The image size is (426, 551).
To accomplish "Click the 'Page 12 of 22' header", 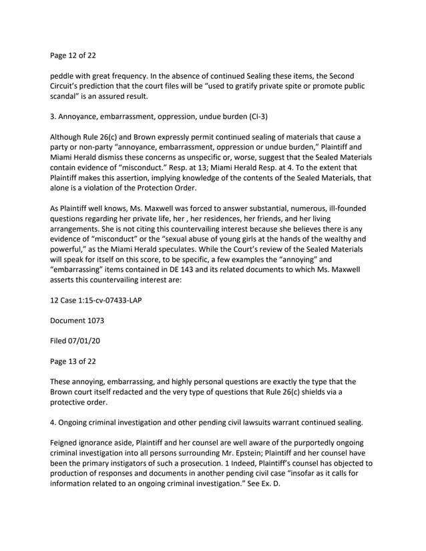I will pos(77,57).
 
